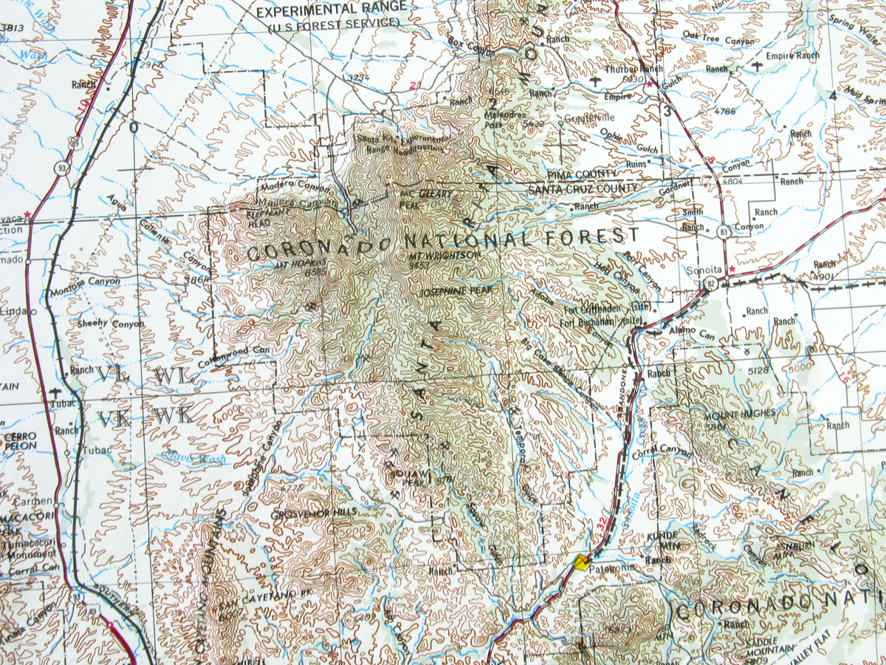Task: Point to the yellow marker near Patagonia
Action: click(x=583, y=563)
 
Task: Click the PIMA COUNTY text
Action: click(x=583, y=174)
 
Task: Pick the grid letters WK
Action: click(x=174, y=416)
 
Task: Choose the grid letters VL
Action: click(x=112, y=375)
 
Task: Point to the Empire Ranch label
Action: click(x=792, y=55)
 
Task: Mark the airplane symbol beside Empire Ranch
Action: click(x=758, y=67)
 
